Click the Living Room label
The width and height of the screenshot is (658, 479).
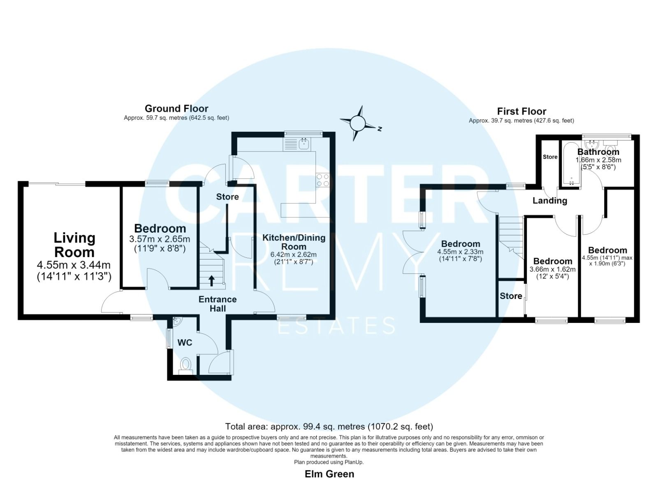pos(74,245)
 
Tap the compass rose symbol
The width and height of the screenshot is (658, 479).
pos(358,123)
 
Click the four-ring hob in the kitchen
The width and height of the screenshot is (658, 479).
pos(322,180)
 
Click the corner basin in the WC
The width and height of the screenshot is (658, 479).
pos(177,321)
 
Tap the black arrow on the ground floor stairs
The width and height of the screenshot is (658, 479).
pos(211,280)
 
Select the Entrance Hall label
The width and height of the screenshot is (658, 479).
pos(218,304)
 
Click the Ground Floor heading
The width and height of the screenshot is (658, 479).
pos(176,109)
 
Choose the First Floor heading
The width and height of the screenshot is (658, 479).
pos(521,112)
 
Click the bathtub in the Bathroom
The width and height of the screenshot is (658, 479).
pos(571,165)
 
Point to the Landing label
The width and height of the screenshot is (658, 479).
pos(549,201)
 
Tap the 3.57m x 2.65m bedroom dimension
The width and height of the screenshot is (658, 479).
pos(160,238)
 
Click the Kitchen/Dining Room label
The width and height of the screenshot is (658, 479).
pos(294,242)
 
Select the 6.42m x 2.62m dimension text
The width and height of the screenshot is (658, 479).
pos(294,255)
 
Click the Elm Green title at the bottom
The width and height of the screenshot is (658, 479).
pos(329,474)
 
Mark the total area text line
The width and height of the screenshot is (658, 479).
pos(329,426)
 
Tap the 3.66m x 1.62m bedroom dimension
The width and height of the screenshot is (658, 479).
pos(552,269)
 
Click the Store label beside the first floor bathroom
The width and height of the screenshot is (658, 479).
pos(550,157)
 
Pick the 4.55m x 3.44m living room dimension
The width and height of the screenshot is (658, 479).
pos(74,265)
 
